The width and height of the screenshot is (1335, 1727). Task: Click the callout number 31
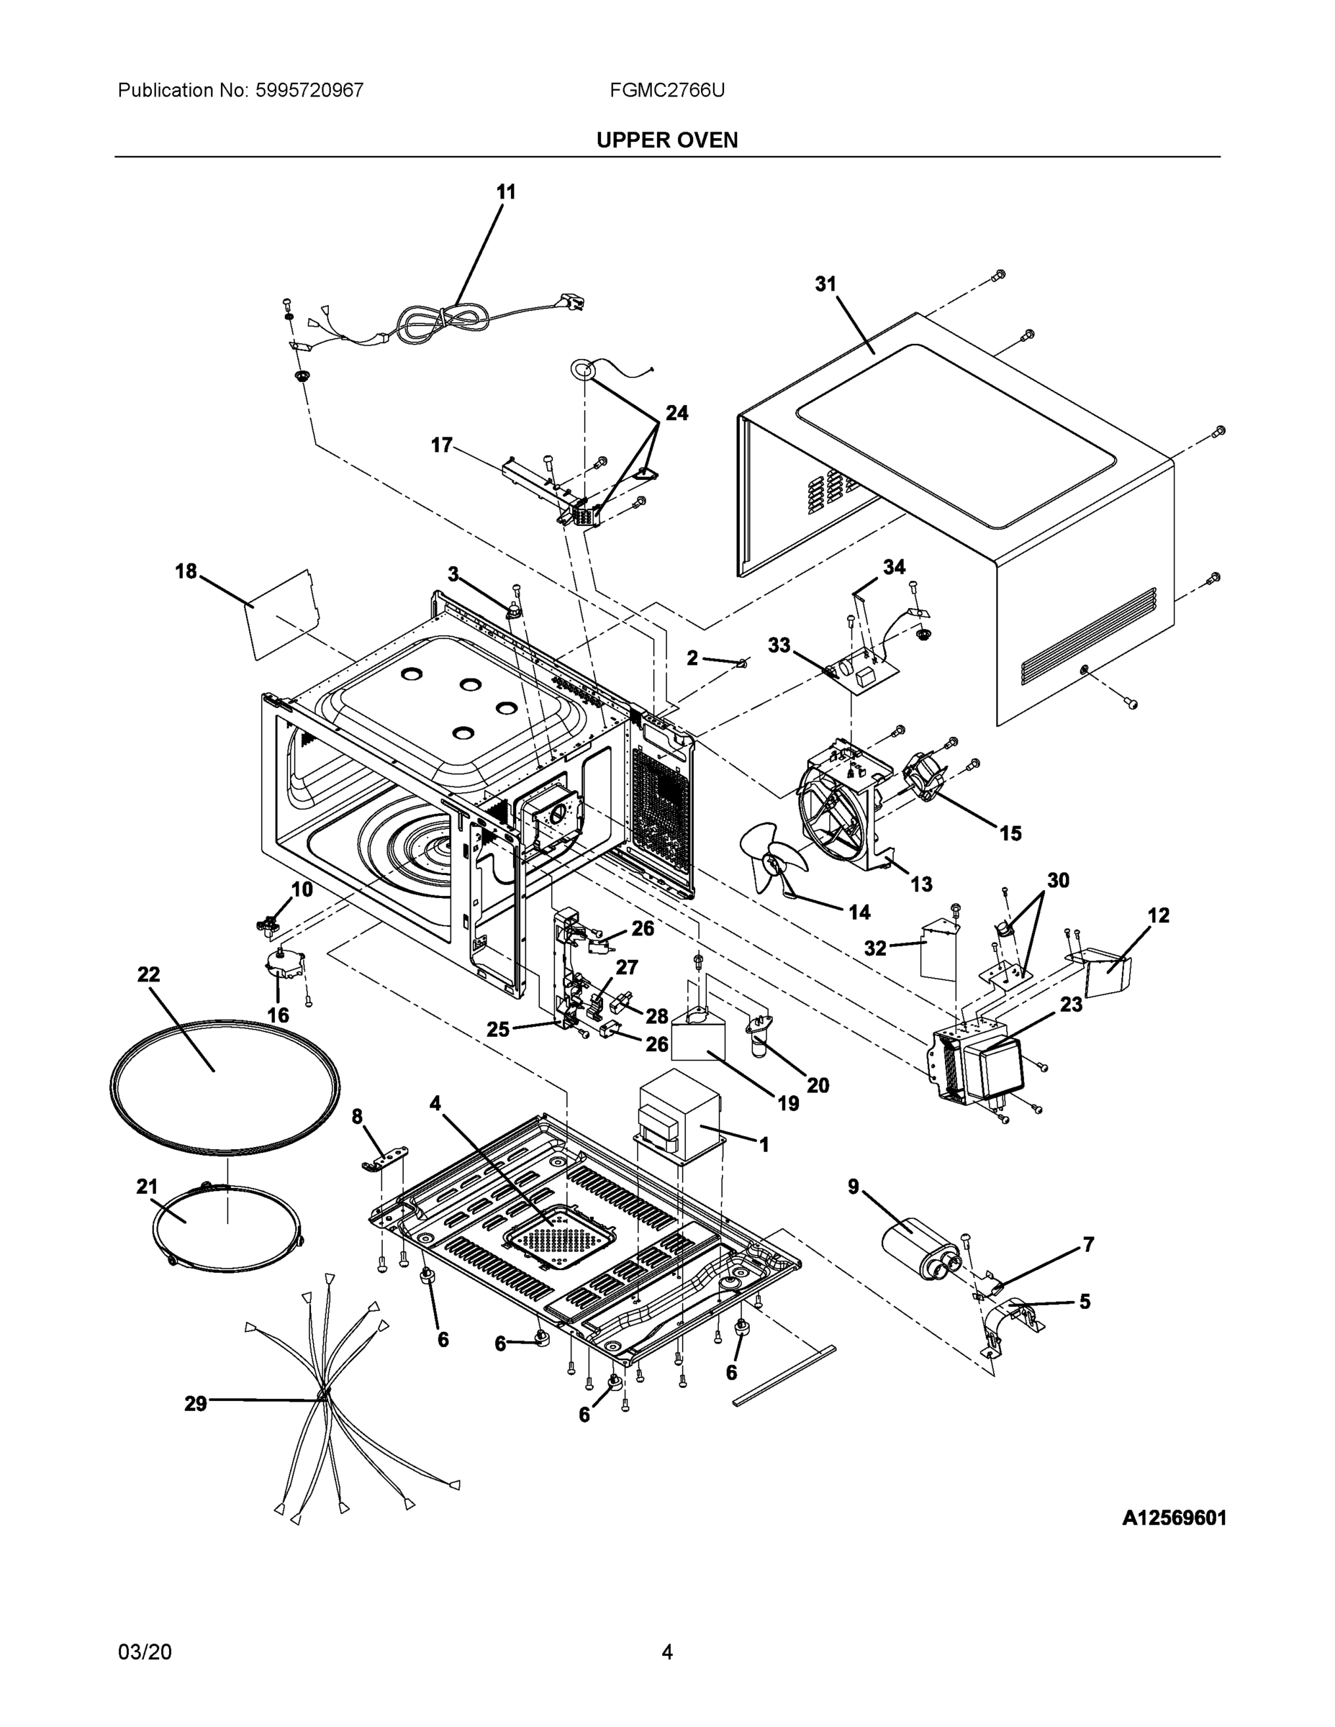pos(825,284)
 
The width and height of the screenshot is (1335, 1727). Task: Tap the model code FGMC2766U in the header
pos(666,91)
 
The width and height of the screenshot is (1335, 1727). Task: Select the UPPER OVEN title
pos(666,140)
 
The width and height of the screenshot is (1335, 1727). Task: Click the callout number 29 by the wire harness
pos(195,1404)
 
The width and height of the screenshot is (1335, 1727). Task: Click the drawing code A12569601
pos(1174,1518)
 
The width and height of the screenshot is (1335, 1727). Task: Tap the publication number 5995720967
pos(309,91)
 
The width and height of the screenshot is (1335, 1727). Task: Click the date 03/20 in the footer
pos(145,1652)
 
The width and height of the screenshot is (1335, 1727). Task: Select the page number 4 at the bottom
pos(666,1652)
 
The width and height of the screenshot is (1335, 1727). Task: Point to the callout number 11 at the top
pos(505,192)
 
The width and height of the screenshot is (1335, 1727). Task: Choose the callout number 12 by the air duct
pos(1158,916)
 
